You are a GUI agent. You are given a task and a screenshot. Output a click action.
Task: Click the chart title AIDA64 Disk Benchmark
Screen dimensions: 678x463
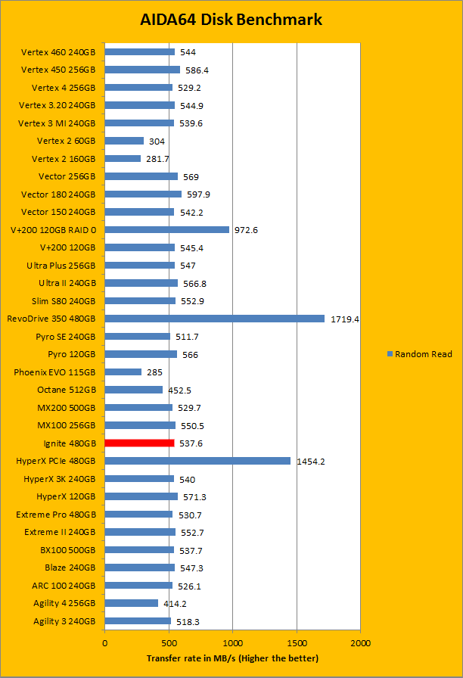coord(231,19)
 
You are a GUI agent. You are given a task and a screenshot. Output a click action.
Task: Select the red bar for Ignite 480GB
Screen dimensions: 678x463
coord(139,443)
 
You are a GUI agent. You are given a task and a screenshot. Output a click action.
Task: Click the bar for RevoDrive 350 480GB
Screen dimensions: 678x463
coord(214,319)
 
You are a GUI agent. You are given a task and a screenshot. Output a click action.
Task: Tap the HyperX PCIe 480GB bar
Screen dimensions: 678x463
coord(197,461)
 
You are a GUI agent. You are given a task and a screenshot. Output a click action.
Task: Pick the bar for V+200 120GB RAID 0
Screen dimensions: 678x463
coord(166,229)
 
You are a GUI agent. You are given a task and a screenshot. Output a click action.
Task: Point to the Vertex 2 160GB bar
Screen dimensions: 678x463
coord(123,158)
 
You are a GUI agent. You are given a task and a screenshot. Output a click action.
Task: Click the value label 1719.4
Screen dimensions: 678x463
coord(344,319)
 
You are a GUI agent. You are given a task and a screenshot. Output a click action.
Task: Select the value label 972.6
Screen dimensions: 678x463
coord(246,230)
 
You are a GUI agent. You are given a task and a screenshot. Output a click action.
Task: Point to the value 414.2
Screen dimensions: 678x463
coord(175,604)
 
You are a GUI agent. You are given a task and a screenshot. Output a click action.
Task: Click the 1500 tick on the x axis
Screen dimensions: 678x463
coord(297,643)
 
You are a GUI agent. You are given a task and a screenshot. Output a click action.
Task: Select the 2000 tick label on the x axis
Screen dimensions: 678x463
coord(360,643)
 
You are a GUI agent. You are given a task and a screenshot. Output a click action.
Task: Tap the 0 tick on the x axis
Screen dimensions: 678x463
coord(105,643)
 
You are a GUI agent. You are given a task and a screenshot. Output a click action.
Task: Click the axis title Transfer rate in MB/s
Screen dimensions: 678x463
coord(232,658)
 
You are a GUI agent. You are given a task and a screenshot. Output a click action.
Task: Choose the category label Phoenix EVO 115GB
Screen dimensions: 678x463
coord(54,372)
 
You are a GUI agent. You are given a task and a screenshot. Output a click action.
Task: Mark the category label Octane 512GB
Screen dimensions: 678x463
coord(67,390)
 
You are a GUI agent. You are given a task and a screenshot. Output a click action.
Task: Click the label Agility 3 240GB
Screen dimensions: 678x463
coord(64,621)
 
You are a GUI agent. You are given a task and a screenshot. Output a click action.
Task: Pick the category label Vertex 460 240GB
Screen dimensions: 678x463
coord(59,51)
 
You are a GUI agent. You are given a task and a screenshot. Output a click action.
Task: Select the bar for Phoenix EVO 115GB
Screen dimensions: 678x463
coord(123,372)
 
